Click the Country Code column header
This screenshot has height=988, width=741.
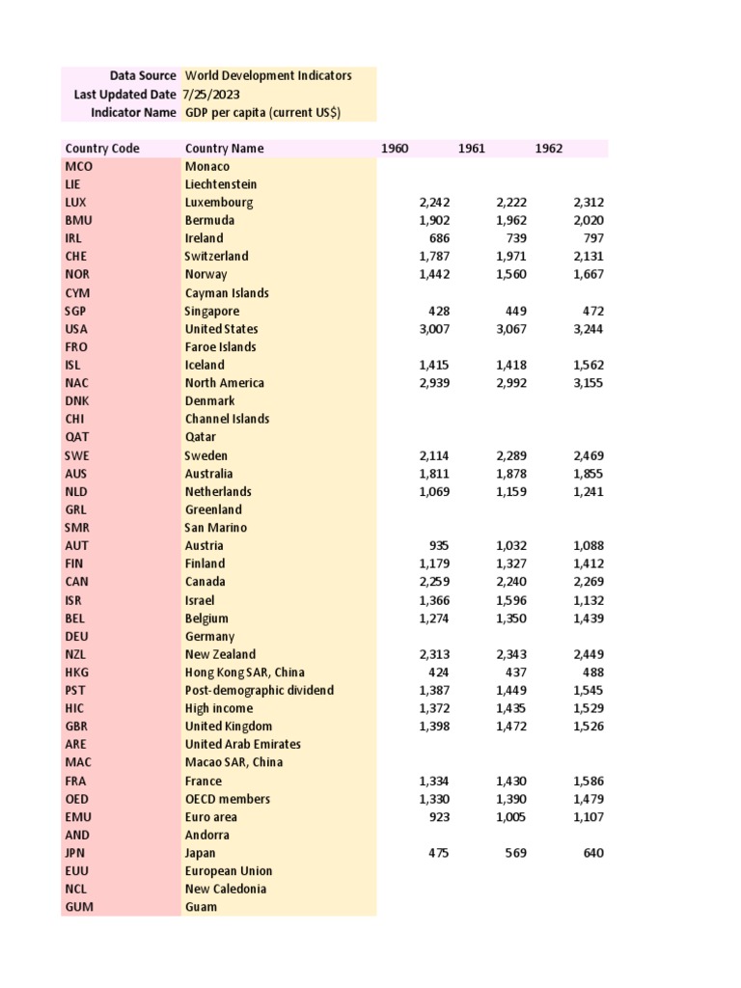click(x=102, y=148)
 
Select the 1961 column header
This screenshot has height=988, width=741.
click(x=472, y=148)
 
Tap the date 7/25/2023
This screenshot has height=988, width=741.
click(x=212, y=95)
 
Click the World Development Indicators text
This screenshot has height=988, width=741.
click(x=268, y=75)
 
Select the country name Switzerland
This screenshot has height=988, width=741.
click(x=216, y=257)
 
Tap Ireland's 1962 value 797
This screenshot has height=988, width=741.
click(x=593, y=238)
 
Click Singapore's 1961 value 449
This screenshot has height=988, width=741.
click(x=513, y=311)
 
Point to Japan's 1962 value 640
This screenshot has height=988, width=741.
click(x=591, y=853)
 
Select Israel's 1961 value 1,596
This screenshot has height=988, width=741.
click(x=511, y=600)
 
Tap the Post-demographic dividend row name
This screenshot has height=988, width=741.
click(x=259, y=690)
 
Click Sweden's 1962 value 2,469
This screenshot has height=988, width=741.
click(x=588, y=455)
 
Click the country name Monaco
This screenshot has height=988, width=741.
click(x=206, y=166)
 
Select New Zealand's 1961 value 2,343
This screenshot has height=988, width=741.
click(x=511, y=654)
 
